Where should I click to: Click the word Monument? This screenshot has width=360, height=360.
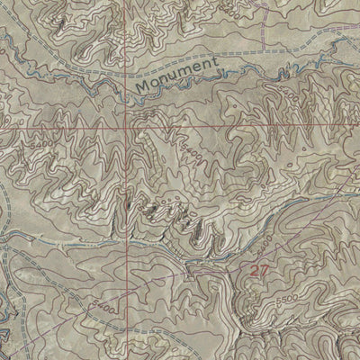tap(178, 76)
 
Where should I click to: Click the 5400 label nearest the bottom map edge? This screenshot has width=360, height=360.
tap(102, 309)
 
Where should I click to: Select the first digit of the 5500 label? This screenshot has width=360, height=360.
tap(277, 298)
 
